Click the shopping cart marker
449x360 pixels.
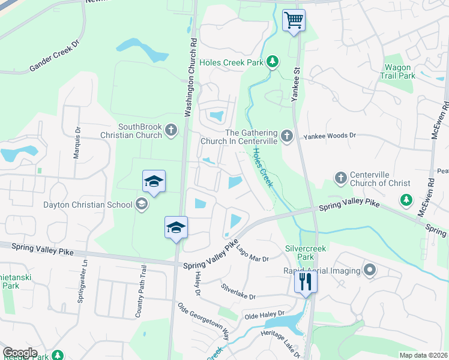click(294, 20)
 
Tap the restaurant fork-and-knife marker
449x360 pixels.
click(306, 282)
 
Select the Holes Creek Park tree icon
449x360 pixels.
click(273, 61)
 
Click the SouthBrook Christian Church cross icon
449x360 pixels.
click(171, 130)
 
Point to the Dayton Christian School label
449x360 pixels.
click(88, 205)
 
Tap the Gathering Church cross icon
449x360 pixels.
click(286, 137)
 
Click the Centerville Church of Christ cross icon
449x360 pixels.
click(340, 178)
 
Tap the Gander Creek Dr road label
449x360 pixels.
click(54, 57)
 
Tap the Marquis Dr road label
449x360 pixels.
click(77, 142)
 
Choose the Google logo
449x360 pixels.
click(20, 353)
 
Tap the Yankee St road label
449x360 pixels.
click(295, 83)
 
